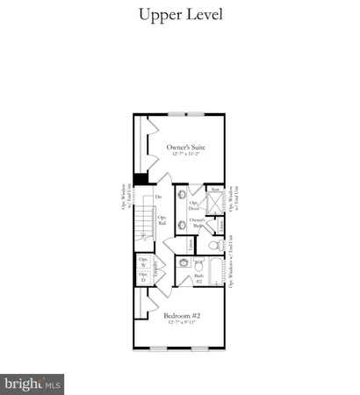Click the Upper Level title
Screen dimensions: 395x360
click(x=180, y=15)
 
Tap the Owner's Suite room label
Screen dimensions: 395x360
click(x=185, y=147)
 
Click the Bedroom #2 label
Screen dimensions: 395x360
click(x=183, y=315)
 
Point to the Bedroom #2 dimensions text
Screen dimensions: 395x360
click(x=183, y=324)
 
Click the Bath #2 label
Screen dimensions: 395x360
click(x=198, y=280)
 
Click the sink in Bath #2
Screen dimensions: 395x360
click(x=184, y=262)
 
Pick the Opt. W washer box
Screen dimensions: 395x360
click(x=143, y=262)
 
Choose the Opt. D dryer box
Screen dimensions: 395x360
click(x=143, y=277)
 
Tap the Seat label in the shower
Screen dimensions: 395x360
click(x=215, y=190)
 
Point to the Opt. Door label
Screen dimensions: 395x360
click(x=194, y=207)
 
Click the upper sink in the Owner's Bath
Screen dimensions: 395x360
click(x=182, y=197)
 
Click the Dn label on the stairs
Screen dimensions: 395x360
click(x=159, y=197)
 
